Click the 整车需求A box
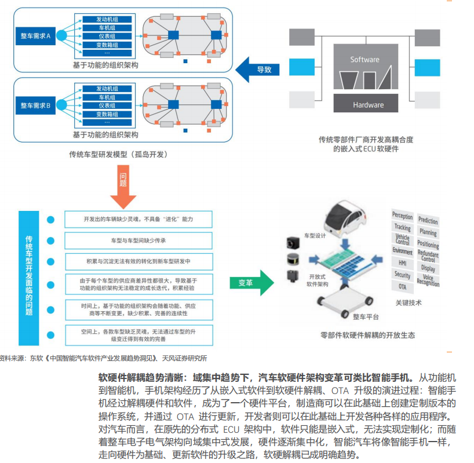point(37,36)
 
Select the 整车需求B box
point(37,105)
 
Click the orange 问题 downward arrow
point(123,185)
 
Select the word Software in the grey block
point(364,60)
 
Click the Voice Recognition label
point(428,280)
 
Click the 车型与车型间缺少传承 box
point(138,239)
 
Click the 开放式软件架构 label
point(319,280)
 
